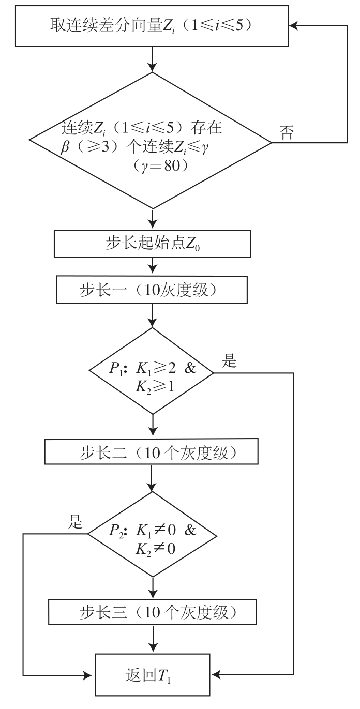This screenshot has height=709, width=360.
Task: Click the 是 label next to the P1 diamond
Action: (229, 361)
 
